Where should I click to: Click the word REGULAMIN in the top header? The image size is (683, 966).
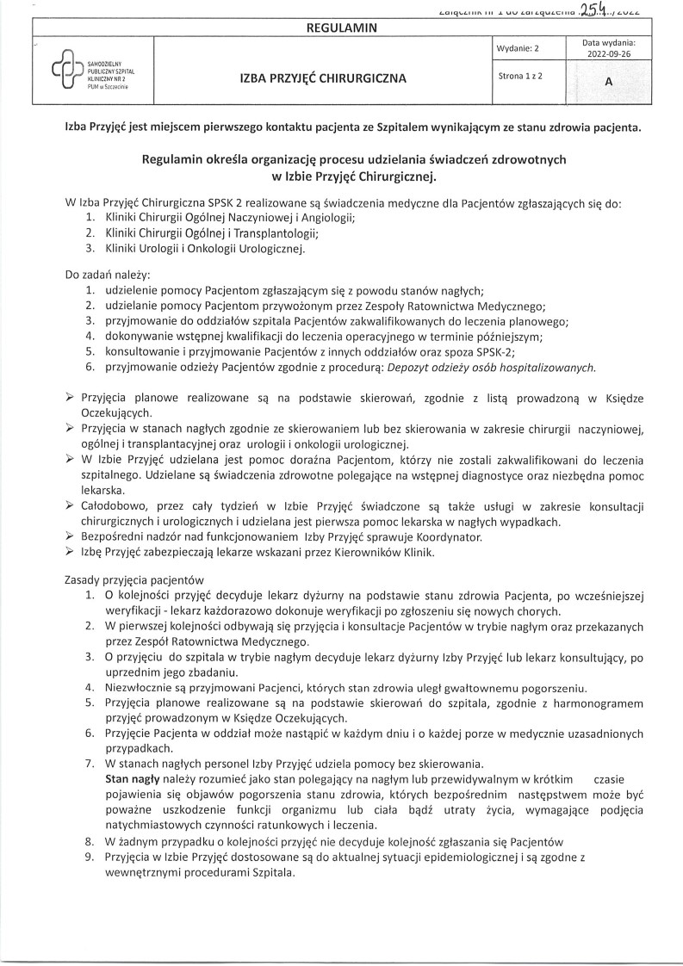tap(341, 28)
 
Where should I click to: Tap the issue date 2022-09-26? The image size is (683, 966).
tap(608, 52)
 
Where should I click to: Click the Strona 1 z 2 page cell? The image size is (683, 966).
tap(519, 77)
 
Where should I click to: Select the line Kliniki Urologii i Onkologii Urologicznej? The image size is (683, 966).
tap(204, 249)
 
